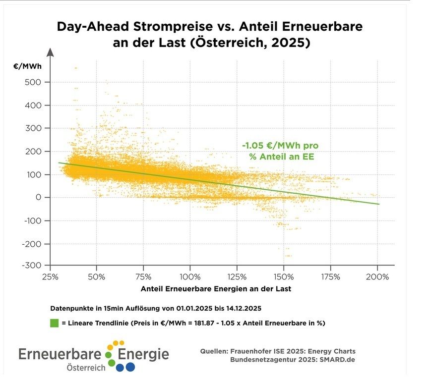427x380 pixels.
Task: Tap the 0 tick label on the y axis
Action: coord(38,197)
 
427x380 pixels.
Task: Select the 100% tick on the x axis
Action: coord(190,276)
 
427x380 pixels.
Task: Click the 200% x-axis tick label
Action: coord(377,276)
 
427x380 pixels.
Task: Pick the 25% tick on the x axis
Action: coord(49,276)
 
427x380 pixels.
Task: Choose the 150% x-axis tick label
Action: coord(284,276)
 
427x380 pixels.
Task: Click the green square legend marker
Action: coord(55,323)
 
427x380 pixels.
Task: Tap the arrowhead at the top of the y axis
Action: coord(50,52)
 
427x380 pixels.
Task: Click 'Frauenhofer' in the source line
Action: coord(261,351)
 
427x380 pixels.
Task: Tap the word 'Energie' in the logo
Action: coord(143,354)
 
